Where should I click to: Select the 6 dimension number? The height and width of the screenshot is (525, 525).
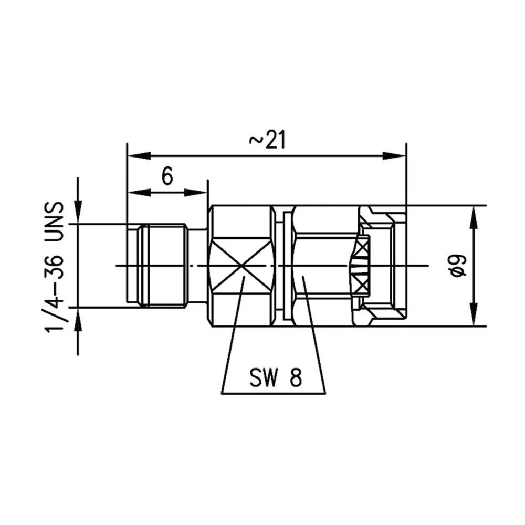[167, 177]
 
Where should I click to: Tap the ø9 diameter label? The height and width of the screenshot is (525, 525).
[458, 265]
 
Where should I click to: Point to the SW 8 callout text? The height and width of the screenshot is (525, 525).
[276, 378]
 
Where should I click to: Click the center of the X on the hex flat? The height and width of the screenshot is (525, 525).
[241, 265]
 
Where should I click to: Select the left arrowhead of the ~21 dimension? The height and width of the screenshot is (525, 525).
[138, 155]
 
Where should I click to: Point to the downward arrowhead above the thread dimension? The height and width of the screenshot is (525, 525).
[78, 213]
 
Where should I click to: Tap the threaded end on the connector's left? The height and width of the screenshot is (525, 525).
[157, 265]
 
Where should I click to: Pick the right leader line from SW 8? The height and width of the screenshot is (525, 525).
[315, 336]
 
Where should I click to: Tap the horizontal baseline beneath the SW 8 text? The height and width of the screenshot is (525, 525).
[273, 393]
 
